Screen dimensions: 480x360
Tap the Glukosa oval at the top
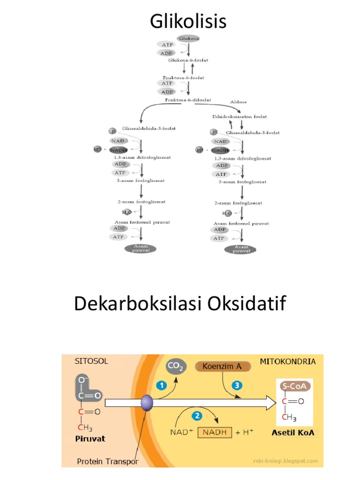pyautogui.click(x=188, y=38)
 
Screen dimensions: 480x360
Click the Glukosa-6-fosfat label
pyautogui.click(x=188, y=60)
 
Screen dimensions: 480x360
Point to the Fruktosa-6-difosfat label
pyautogui.click(x=187, y=100)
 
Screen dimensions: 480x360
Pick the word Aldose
pyautogui.click(x=238, y=102)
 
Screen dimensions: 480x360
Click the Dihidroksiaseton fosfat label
pyautogui.click(x=240, y=116)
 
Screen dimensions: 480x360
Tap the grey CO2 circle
pyautogui.click(x=176, y=368)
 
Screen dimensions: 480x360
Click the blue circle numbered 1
pyautogui.click(x=161, y=385)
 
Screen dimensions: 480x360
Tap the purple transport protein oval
pyautogui.click(x=147, y=402)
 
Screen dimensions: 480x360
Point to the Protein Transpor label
pyautogui.click(x=107, y=462)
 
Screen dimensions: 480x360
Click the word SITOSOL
pyautogui.click(x=91, y=361)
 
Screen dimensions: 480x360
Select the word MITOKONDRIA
pyautogui.click(x=287, y=361)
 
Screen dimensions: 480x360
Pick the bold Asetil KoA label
pyautogui.click(x=293, y=433)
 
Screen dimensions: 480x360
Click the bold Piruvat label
pyautogui.click(x=90, y=439)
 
